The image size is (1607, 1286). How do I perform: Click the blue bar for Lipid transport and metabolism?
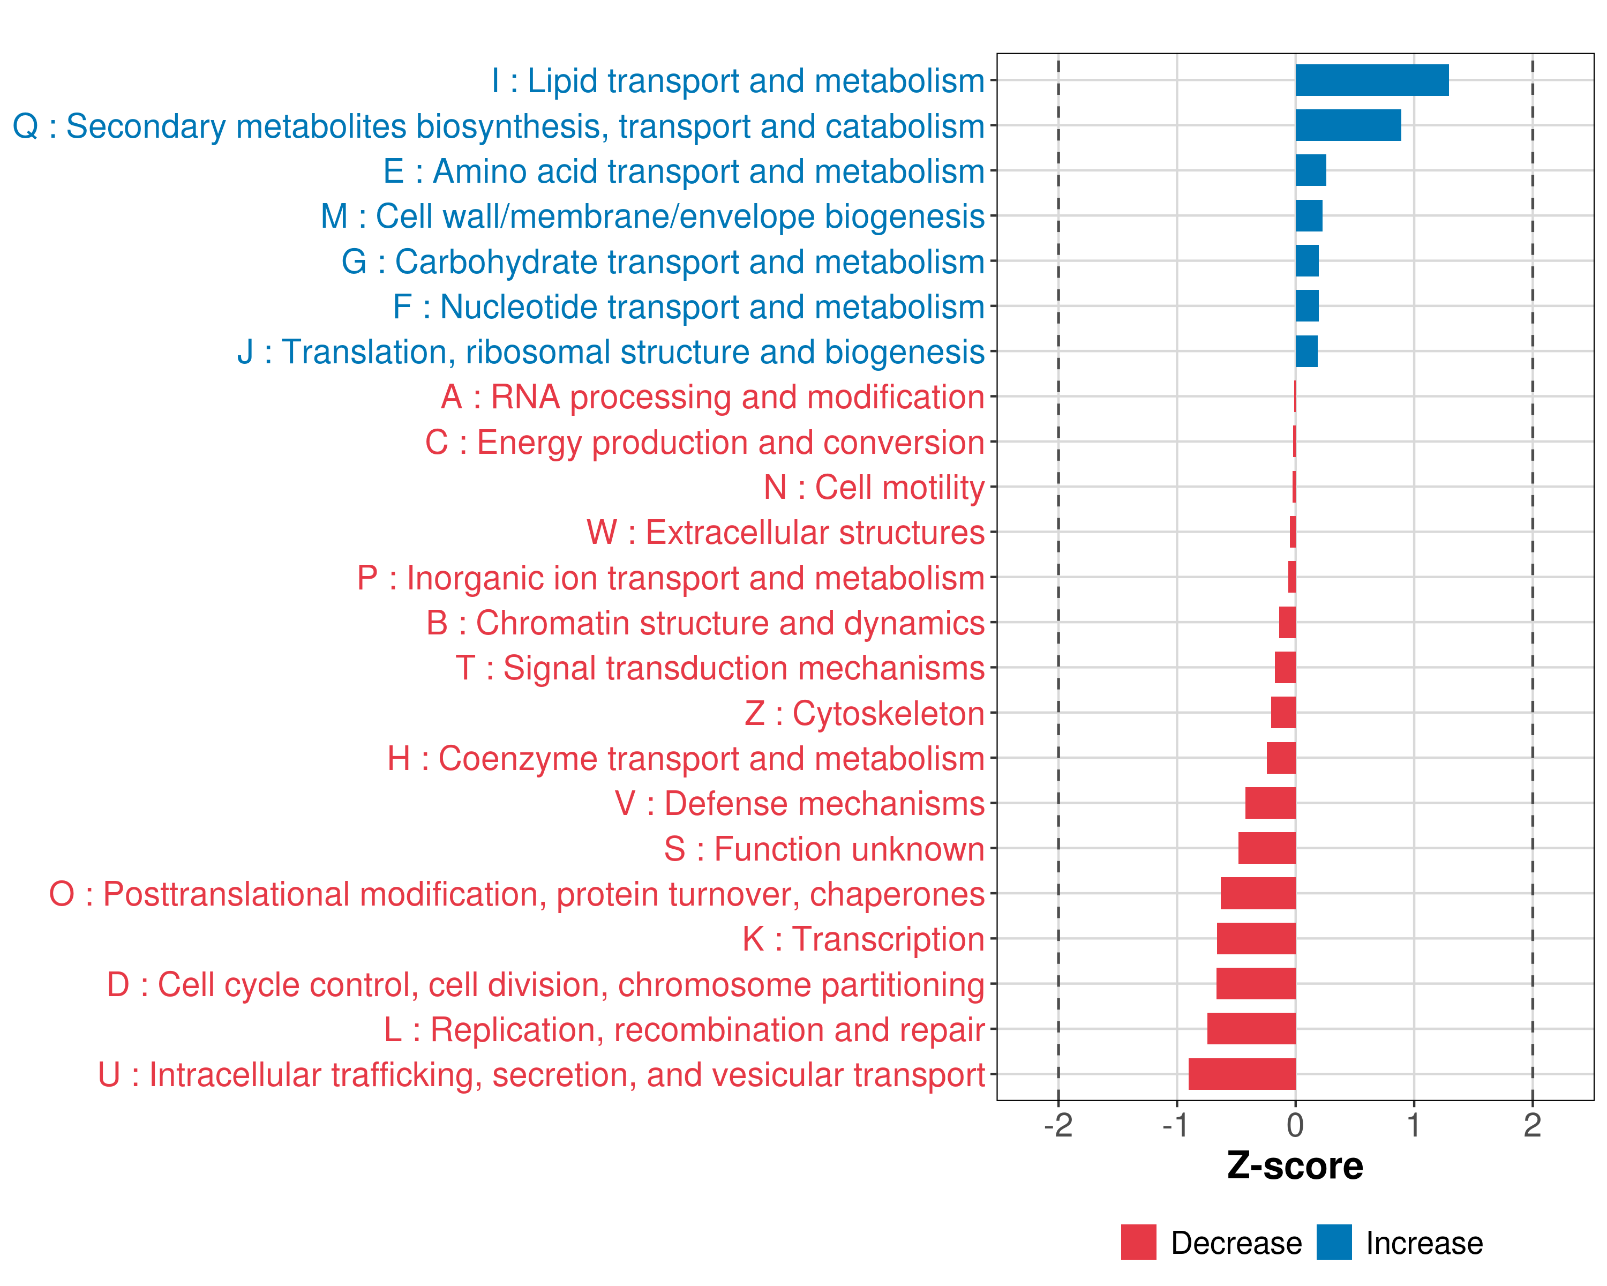1371,80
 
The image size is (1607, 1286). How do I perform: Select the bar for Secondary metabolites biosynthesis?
1348,125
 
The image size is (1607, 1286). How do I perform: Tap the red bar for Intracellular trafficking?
1242,1074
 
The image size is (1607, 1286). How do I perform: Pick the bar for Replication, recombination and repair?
1251,1029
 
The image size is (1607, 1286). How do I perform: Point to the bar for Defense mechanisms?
1270,803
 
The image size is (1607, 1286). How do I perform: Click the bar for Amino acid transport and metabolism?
1310,171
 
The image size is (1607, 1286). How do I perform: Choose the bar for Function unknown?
1266,848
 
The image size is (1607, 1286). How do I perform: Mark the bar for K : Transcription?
1256,939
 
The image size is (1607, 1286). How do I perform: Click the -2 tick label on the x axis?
1057,1126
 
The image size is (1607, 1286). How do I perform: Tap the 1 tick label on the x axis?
1413,1126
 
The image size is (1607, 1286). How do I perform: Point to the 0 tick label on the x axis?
1295,1126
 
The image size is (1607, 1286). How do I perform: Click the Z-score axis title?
1295,1166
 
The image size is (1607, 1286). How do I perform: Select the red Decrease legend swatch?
1138,1242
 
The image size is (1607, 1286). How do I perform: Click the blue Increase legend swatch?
1333,1242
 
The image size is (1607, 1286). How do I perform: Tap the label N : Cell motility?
874,488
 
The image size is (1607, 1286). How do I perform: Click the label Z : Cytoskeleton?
865,713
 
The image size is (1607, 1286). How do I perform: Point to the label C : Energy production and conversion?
704,443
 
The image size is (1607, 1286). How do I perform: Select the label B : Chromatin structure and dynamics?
705,623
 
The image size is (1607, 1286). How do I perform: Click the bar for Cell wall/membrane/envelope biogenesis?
1309,216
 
